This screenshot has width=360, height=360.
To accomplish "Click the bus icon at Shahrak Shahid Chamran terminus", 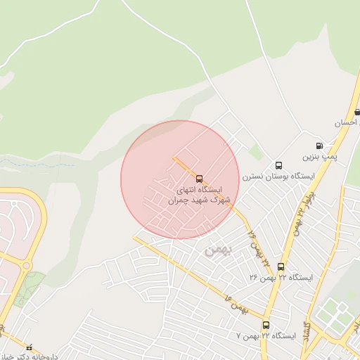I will click(199, 179).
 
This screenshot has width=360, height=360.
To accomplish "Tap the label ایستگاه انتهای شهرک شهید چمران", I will click(195, 195).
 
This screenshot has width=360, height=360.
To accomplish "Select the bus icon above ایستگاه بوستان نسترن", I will click(278, 165).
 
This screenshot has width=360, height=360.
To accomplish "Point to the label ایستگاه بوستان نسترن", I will click(278, 176).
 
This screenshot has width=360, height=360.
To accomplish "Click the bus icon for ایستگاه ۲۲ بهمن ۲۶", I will click(281, 266).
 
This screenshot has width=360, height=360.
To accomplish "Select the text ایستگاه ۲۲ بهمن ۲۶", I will click(281, 277).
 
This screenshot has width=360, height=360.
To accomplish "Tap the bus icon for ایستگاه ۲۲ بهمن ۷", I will click(266, 325).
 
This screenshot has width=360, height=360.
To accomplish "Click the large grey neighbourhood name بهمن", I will click(217, 250).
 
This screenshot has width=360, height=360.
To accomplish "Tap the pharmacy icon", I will click(29, 347).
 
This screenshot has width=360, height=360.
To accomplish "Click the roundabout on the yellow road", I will click(26, 265).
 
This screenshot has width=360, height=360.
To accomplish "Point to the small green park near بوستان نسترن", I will click(255, 152).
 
